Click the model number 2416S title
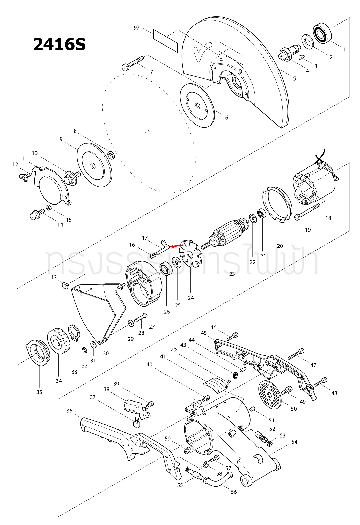(60, 44)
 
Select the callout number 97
(137, 27)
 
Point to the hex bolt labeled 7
(133, 63)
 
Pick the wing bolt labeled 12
(25, 177)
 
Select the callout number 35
(39, 392)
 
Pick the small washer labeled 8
(111, 155)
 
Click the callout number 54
(294, 442)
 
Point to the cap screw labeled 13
(65, 286)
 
